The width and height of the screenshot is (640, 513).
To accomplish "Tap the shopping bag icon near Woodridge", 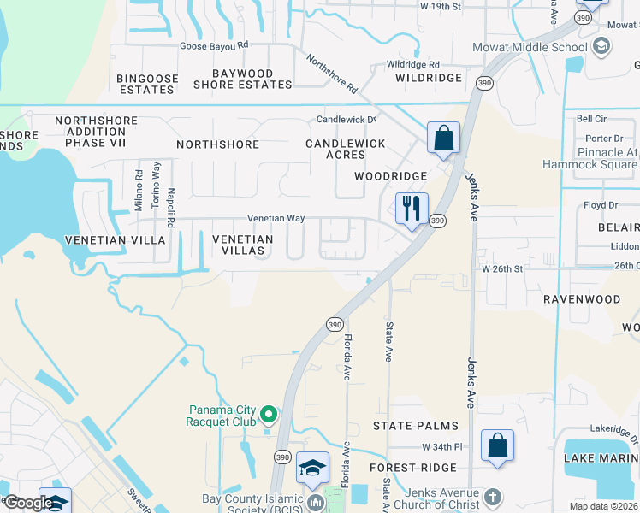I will (443, 138).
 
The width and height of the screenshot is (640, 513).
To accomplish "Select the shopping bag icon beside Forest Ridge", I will (497, 445).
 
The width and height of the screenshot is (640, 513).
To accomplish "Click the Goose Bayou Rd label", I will (214, 44).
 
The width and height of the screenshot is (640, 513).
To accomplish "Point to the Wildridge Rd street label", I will (412, 64).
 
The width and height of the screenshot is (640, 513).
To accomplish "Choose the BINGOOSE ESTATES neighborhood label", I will (148, 84).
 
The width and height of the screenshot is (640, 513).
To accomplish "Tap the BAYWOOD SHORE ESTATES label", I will (243, 79).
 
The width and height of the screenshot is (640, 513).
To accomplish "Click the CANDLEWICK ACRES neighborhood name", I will (346, 149).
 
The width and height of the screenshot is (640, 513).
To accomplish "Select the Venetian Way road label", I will (276, 219).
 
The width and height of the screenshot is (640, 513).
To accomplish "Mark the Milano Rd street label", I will (139, 190).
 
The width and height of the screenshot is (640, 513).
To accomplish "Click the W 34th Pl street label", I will (441, 447).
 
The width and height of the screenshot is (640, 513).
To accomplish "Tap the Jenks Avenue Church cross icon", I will (492, 496).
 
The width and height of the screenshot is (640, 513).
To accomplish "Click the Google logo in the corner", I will (28, 503).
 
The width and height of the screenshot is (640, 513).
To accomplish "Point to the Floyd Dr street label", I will (601, 205).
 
